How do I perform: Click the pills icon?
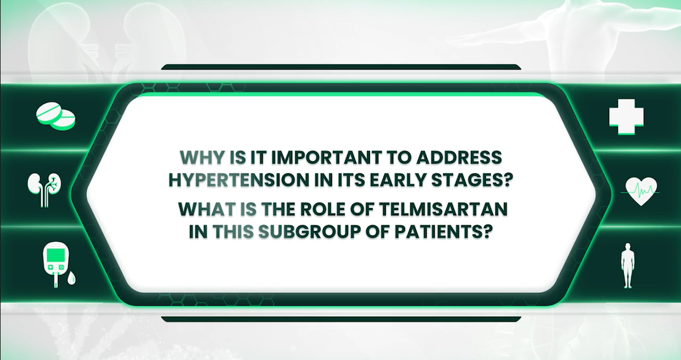coord(56,115)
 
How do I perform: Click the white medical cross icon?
coord(626,115)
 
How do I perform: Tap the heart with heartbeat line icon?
coord(641,190)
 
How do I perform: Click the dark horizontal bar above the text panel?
coord(340,67)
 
